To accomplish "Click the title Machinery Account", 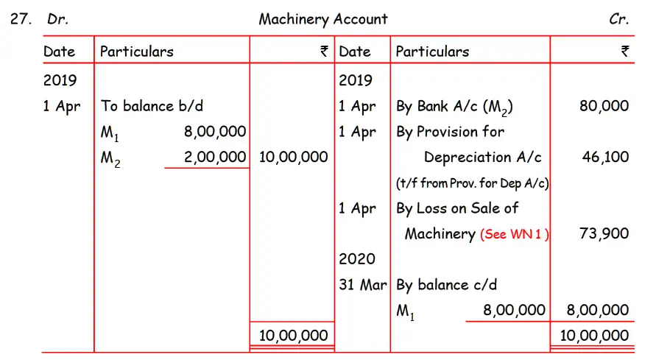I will [x=323, y=19].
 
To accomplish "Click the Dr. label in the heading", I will [x=58, y=20].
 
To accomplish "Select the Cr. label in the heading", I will [x=619, y=20].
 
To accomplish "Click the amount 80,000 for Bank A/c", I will [x=604, y=106].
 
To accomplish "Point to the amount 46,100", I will [x=605, y=157].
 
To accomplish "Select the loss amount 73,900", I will [x=604, y=234].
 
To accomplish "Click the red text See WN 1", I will [x=515, y=235].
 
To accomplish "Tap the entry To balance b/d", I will [x=152, y=106].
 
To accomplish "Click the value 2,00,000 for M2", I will [x=215, y=157].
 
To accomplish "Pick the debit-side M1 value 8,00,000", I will [x=215, y=132].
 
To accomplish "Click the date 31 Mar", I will [x=362, y=285].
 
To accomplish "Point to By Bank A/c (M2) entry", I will [x=454, y=107].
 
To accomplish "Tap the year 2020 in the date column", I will [x=357, y=259].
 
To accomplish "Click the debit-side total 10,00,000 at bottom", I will [x=294, y=336].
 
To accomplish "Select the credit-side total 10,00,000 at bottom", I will [x=595, y=336].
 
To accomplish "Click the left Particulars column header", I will [x=137, y=52].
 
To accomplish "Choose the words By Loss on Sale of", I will [x=457, y=208].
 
